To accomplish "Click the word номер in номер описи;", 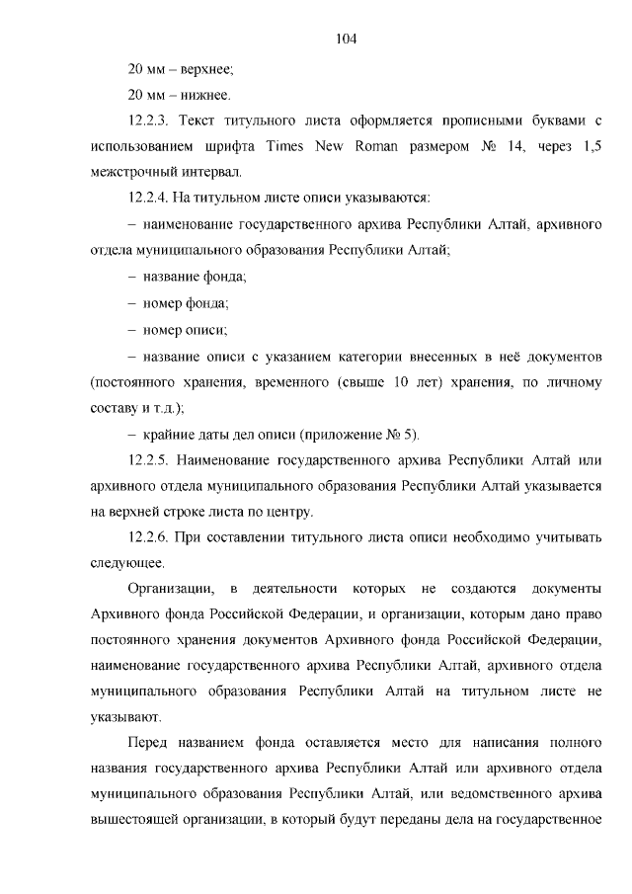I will point(164,329).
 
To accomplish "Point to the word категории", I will point(375,355).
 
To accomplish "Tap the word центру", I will point(290,511).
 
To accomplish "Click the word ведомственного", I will point(484,793).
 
